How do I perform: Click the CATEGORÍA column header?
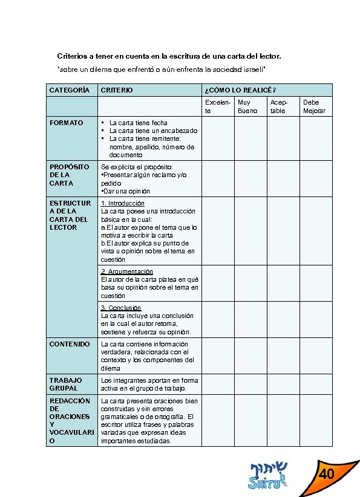[x=70, y=90]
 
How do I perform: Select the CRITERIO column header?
[x=117, y=90]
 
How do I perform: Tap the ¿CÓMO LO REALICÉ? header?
[x=240, y=90]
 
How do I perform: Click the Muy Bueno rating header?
[x=247, y=106]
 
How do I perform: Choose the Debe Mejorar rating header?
[x=314, y=106]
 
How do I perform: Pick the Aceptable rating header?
[x=279, y=106]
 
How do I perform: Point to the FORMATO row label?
[x=67, y=123]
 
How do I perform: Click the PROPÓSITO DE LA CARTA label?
[x=70, y=175]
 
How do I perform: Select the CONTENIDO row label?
[x=70, y=344]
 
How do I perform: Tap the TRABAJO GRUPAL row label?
[x=65, y=384]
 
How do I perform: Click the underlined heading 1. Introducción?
[x=123, y=203]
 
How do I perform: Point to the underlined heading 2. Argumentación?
[x=126, y=271]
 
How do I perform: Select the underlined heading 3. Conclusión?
[x=121, y=308]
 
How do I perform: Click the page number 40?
[x=327, y=473]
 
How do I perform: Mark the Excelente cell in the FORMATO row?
[x=217, y=138]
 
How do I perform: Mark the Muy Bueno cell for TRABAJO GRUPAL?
[x=249, y=384]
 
